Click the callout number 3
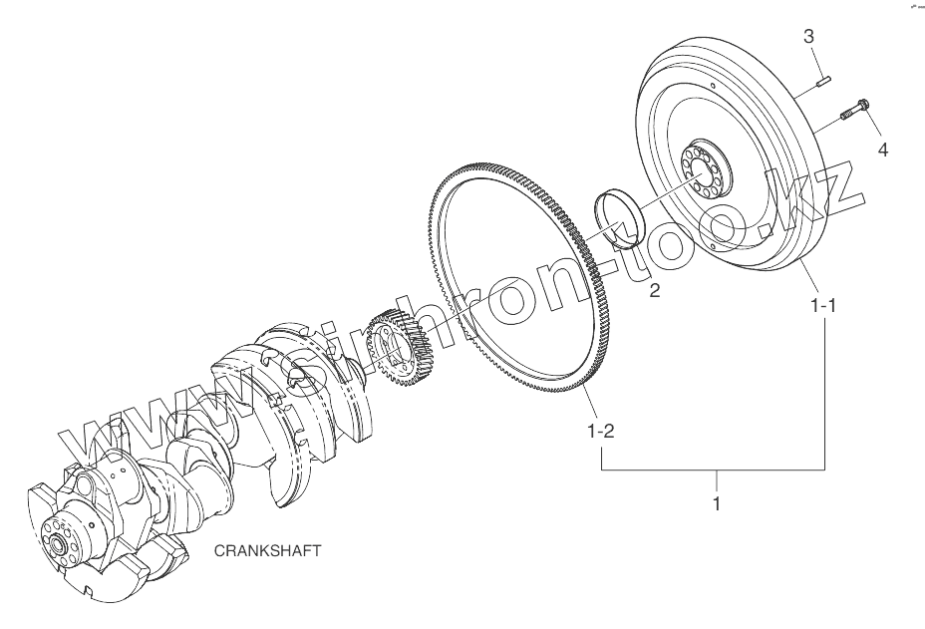808,37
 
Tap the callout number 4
882,151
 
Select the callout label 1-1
823,306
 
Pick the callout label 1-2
600,432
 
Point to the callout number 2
655,290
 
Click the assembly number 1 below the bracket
717,504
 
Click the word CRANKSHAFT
267,550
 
